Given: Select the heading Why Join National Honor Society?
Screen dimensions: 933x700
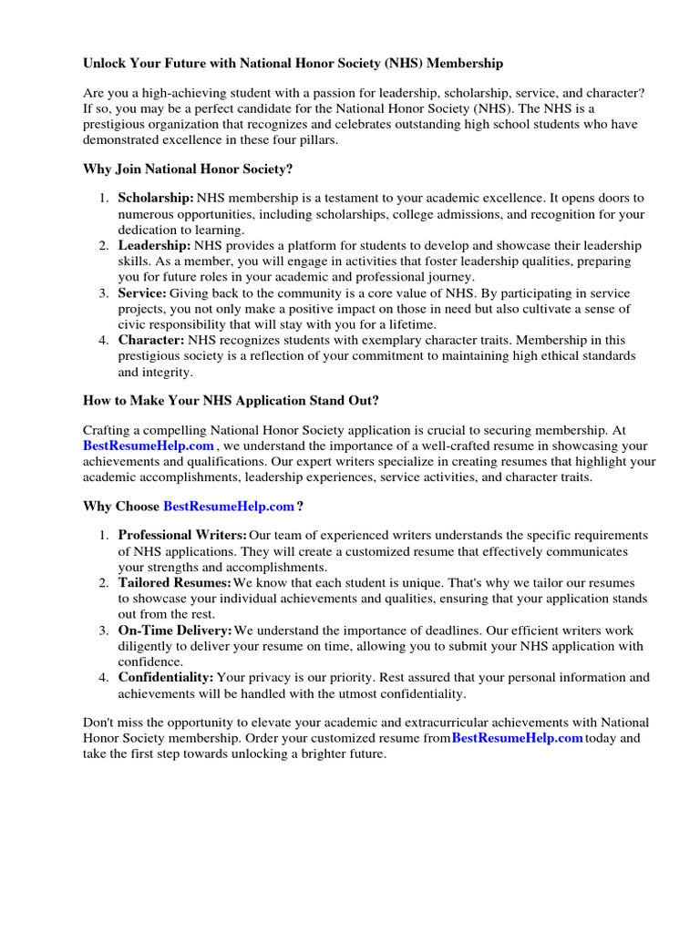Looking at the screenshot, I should [x=188, y=169].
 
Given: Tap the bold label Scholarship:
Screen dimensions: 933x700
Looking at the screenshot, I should [x=156, y=198].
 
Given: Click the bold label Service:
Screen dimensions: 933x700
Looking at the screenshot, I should [x=142, y=293].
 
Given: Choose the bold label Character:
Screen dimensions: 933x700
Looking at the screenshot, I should [x=151, y=340].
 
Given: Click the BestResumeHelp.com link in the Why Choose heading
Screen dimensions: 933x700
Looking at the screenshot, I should [x=229, y=506].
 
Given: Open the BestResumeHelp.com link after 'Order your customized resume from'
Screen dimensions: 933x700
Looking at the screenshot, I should [x=517, y=738].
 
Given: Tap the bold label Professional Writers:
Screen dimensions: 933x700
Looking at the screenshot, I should [x=182, y=535].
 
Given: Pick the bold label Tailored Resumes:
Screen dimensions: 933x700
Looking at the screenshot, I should [x=174, y=582].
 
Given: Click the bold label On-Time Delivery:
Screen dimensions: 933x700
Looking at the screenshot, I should [x=175, y=631].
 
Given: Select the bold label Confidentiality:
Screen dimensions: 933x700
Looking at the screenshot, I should [x=166, y=678].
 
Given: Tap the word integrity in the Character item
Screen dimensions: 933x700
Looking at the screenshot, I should [x=168, y=373].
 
